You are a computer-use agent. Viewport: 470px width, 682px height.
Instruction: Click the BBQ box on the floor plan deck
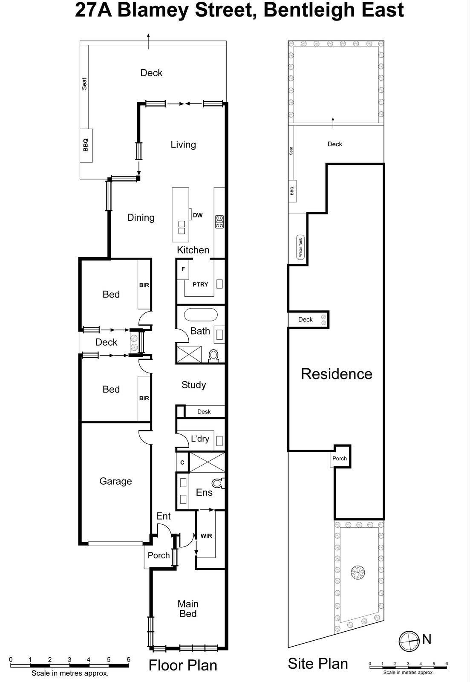coord(86,145)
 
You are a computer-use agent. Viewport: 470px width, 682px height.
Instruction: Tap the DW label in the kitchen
coord(198,215)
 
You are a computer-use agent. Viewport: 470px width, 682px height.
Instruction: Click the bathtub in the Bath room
coord(201,315)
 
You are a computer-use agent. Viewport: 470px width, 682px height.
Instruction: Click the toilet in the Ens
coord(218,483)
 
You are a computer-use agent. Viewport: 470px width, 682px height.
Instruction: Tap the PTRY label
coord(200,284)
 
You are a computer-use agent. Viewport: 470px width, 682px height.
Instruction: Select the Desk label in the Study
coord(204,411)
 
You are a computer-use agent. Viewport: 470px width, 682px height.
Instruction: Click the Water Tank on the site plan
coord(300,247)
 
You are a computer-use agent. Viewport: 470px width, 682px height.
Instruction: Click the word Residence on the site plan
coord(337,374)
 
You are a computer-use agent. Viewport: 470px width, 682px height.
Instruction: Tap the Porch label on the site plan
coord(340,459)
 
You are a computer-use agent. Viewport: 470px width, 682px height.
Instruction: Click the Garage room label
coord(115,481)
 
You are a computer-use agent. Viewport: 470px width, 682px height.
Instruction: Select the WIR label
coord(206,536)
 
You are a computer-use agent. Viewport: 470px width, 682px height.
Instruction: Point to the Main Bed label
coord(188,609)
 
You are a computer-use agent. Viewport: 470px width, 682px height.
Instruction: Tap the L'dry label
coord(200,439)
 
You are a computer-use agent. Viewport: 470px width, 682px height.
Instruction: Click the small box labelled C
coord(182,462)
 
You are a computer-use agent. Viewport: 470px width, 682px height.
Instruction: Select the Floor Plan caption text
coord(183,665)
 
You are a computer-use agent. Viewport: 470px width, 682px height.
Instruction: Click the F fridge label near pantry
coord(183,269)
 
